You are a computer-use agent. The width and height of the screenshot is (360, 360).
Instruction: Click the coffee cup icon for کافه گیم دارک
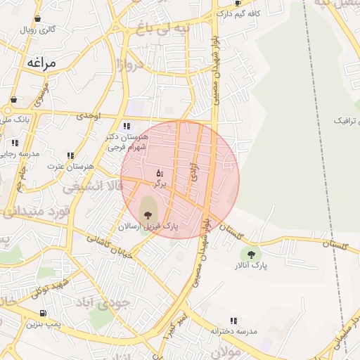(238, 4)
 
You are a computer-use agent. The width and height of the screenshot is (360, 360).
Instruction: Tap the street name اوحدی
(89, 115)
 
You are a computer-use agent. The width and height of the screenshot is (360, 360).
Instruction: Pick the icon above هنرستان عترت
(70, 155)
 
